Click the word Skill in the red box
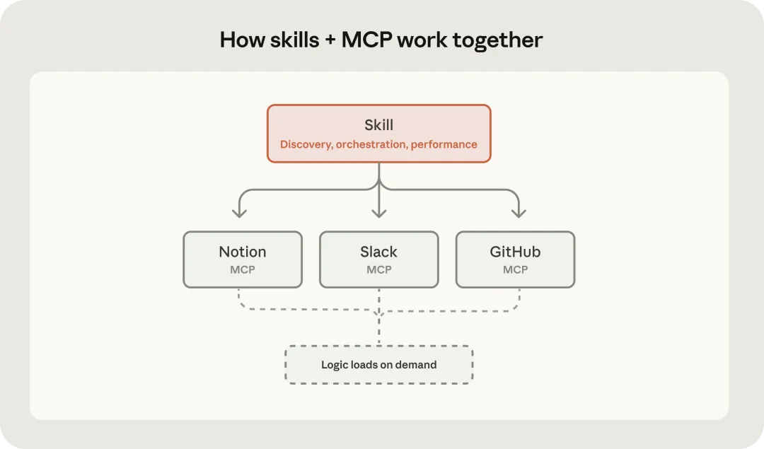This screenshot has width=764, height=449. (x=378, y=125)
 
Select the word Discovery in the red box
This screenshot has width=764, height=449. (x=306, y=144)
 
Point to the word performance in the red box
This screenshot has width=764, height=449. (x=444, y=144)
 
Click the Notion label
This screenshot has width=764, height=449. (x=243, y=252)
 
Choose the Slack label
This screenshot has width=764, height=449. (x=378, y=252)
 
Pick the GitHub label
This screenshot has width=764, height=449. (x=515, y=252)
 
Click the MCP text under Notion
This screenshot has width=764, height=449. (x=243, y=269)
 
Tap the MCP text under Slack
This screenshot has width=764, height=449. (x=378, y=269)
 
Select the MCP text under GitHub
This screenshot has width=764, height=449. (x=515, y=269)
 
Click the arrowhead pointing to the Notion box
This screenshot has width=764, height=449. (x=240, y=212)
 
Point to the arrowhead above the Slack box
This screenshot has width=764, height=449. (x=379, y=212)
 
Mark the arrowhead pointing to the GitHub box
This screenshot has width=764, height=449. (x=519, y=212)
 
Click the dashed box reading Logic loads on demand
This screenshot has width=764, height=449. (x=378, y=365)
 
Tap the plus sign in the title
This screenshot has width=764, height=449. (x=330, y=40)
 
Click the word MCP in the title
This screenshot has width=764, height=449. (x=366, y=40)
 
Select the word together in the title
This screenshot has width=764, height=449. (x=497, y=40)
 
